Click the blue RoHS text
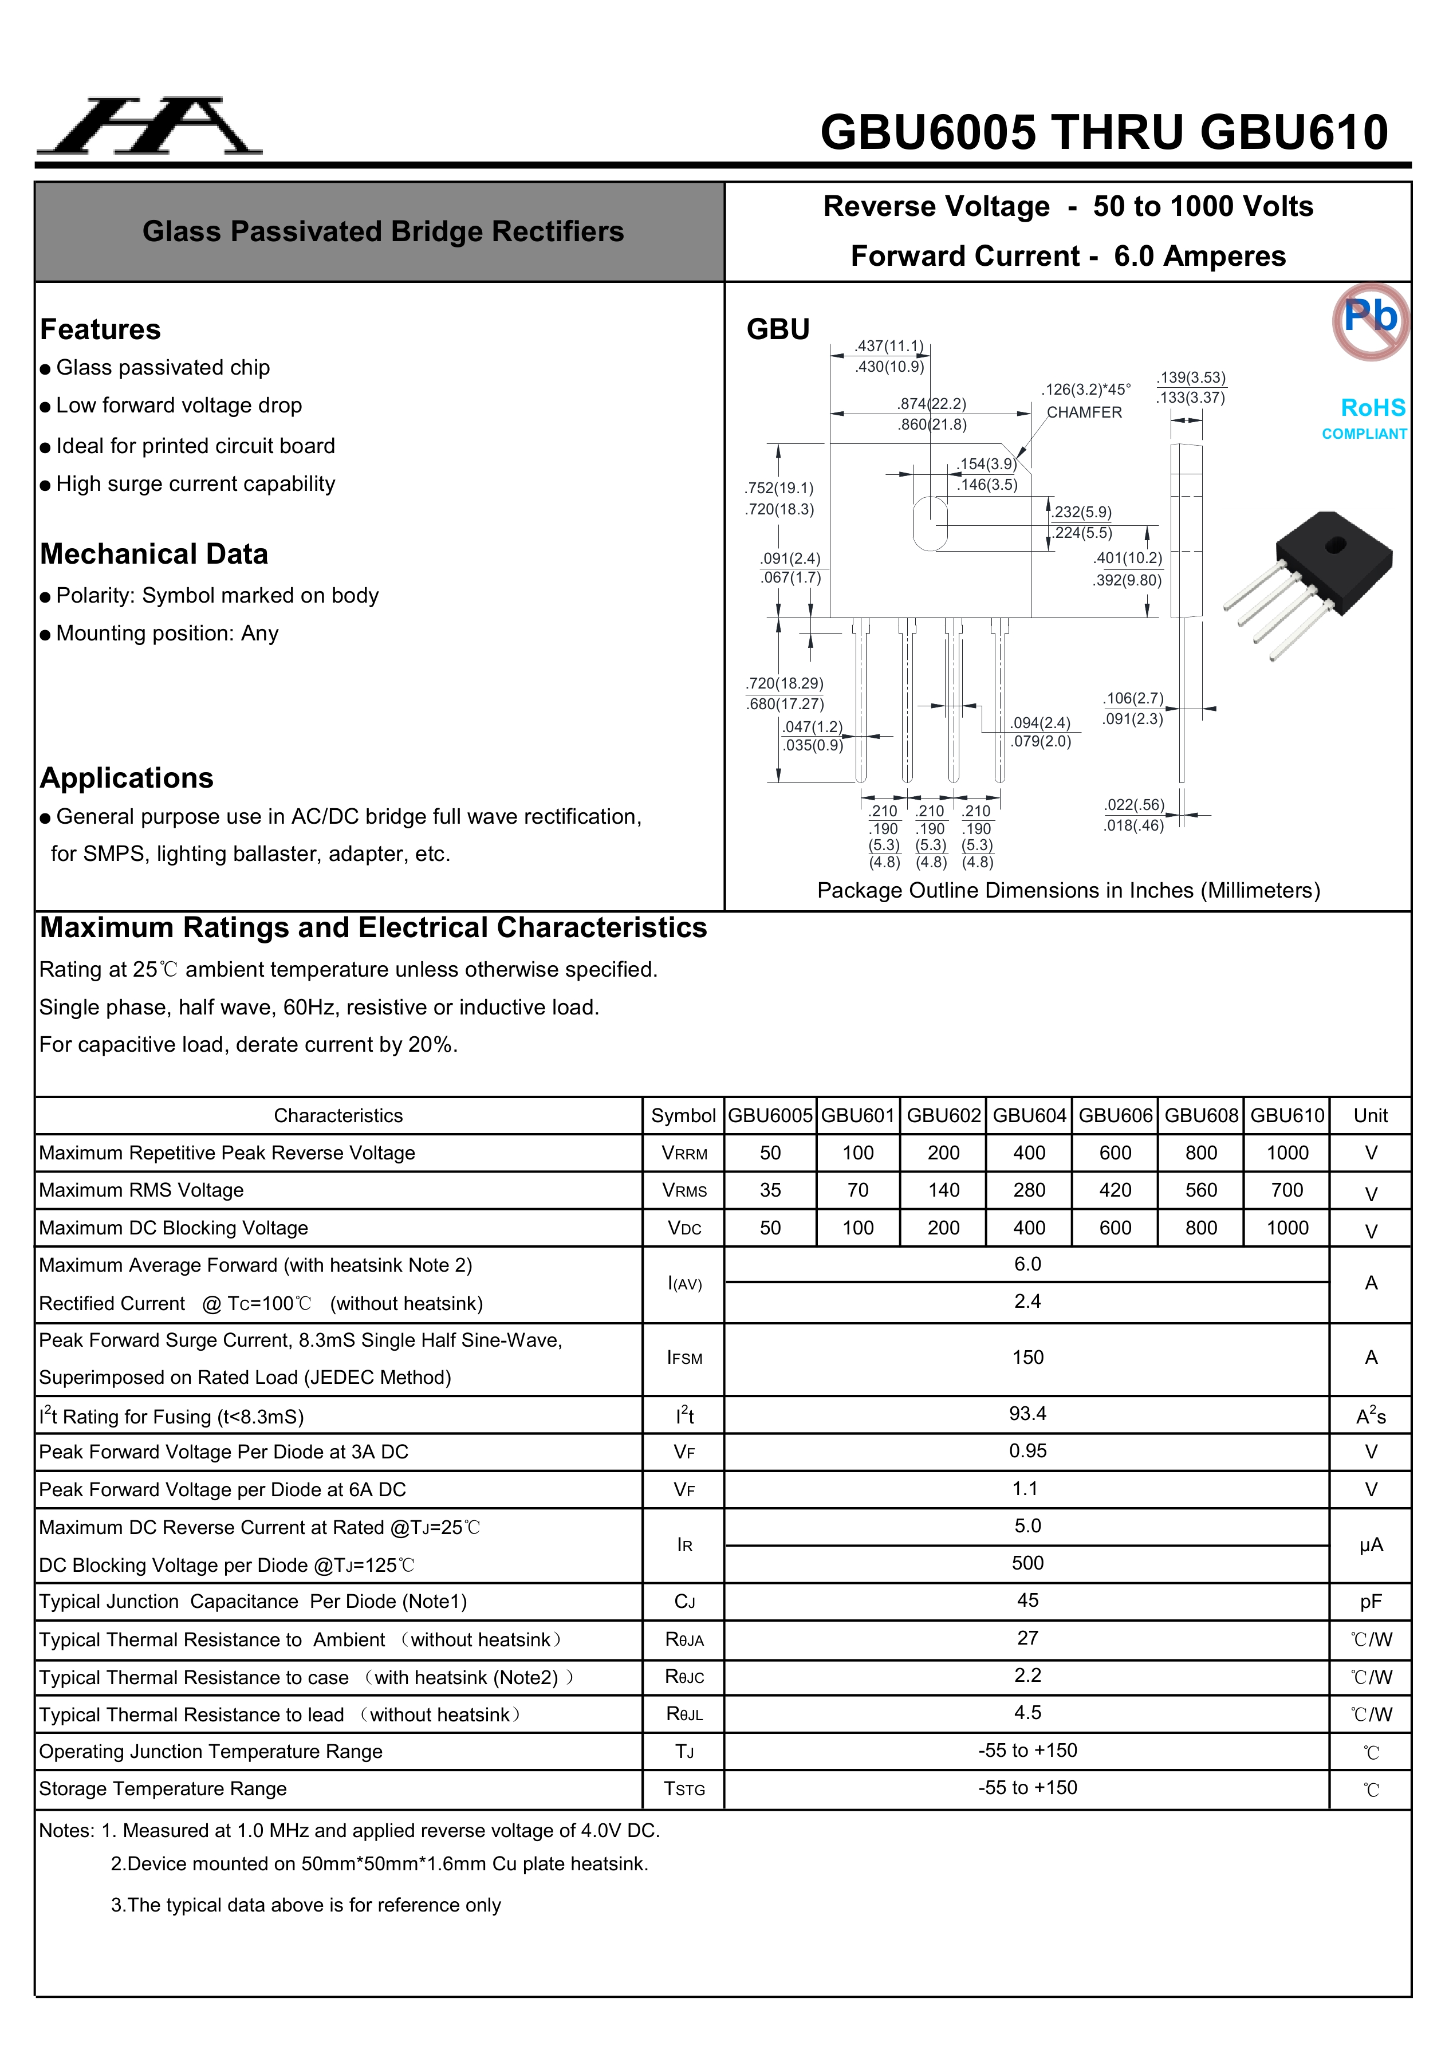(x=1372, y=408)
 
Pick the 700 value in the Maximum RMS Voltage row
(x=1286, y=1190)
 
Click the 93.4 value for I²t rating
(x=1027, y=1414)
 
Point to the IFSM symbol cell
(x=684, y=1358)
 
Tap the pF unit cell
(x=1371, y=1601)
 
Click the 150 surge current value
(x=1027, y=1358)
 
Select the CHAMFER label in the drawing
(x=1084, y=412)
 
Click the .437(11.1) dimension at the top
(x=889, y=346)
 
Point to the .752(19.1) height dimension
(x=779, y=488)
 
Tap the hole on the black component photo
(x=1335, y=544)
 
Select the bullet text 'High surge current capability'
(x=195, y=483)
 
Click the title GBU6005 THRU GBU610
(x=1104, y=132)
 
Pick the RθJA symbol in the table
(x=684, y=1639)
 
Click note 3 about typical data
(x=305, y=1905)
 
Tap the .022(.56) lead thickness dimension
(x=1134, y=805)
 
